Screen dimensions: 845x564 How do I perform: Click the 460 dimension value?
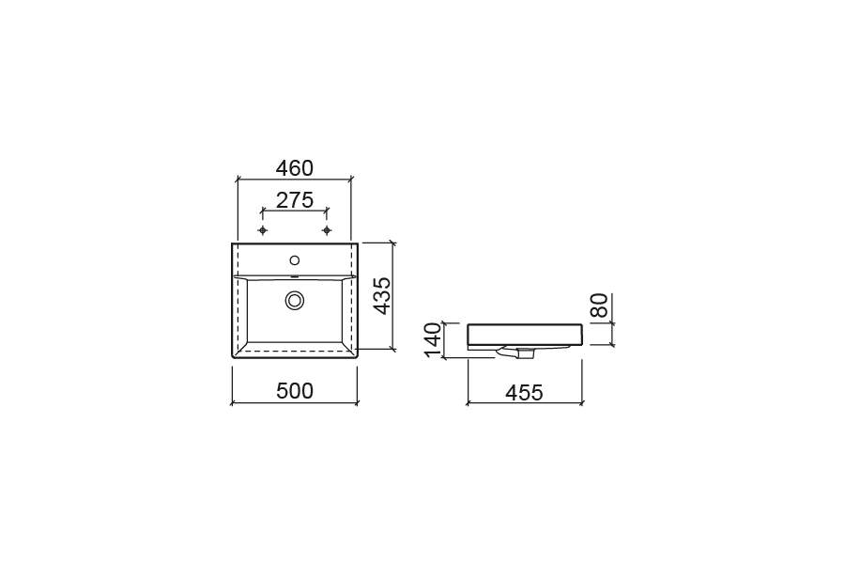[x=294, y=169]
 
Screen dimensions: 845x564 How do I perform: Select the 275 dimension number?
[x=294, y=200]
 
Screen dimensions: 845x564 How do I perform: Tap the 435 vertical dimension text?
[x=382, y=296]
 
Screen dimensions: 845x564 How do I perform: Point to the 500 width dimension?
[x=294, y=391]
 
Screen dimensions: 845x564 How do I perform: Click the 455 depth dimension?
[x=524, y=392]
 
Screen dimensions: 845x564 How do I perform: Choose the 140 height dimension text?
[x=434, y=339]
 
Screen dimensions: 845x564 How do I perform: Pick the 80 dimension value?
[x=599, y=305]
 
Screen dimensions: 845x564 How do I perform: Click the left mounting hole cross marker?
[x=263, y=230]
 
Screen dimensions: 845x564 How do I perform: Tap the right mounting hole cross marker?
[x=327, y=230]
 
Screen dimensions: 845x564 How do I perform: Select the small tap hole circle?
[x=294, y=260]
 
